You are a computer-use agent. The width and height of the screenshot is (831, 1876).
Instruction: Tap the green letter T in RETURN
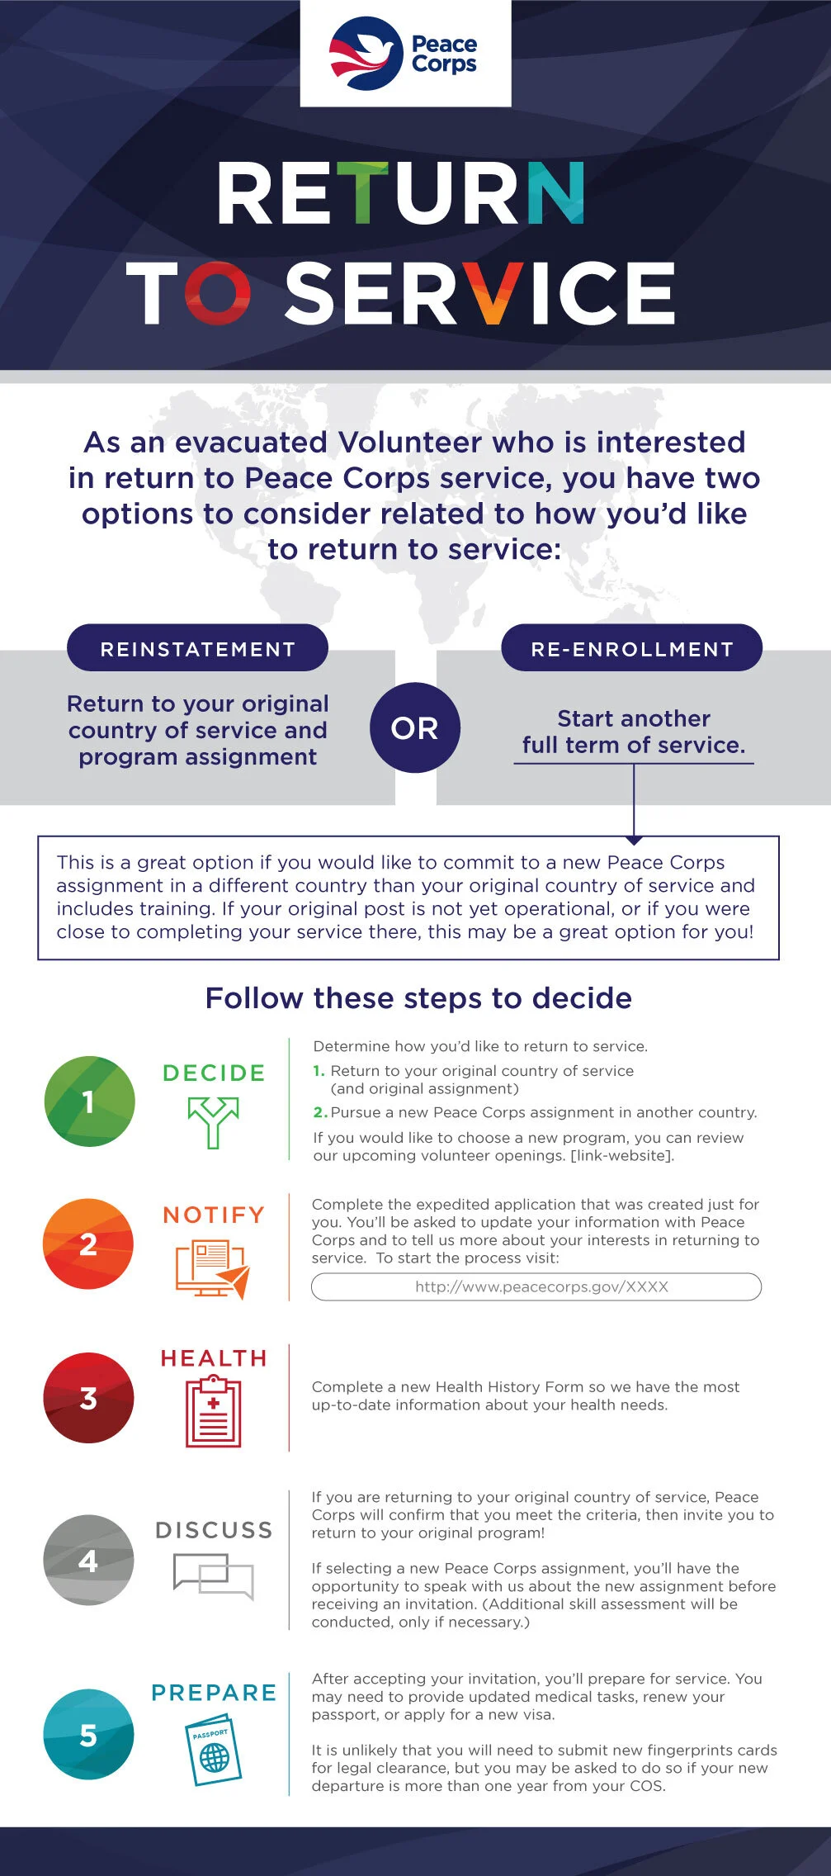pos(360,193)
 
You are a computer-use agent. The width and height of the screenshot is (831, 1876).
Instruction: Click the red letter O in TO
pos(217,293)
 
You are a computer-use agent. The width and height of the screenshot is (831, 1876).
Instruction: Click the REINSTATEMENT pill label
pos(197,649)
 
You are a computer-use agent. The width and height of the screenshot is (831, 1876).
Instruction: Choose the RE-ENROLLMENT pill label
pos(632,649)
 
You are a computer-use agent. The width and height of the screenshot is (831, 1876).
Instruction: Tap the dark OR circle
pos(415,728)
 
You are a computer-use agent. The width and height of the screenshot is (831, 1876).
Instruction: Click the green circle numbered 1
pos(89,1101)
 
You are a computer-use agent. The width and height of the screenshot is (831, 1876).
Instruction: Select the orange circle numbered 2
pos(88,1244)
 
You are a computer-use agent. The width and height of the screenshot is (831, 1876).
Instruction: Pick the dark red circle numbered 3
pos(88,1398)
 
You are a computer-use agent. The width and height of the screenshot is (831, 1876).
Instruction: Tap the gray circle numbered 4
pos(88,1560)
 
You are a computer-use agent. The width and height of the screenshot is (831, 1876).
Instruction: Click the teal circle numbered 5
pos(88,1735)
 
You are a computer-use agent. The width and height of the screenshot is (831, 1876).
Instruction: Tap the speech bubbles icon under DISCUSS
pos(213,1575)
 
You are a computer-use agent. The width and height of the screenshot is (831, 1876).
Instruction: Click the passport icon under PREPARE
pos(214,1750)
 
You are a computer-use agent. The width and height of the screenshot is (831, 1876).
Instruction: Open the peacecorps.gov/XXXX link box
pos(536,1286)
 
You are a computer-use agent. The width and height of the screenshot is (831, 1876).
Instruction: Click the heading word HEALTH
pos(214,1358)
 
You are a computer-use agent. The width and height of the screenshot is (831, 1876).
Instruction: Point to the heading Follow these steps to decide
pos(418,998)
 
